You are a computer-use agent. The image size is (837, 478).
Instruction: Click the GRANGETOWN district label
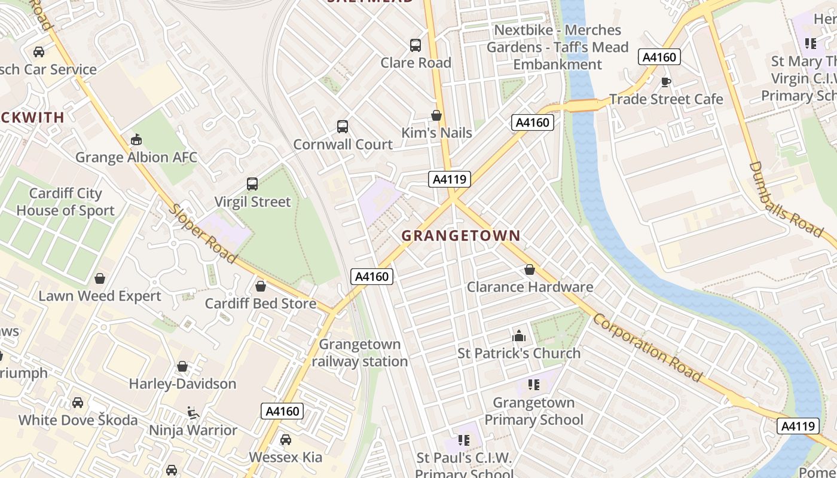pos(460,235)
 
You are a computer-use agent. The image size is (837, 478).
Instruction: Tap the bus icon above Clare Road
pos(416,45)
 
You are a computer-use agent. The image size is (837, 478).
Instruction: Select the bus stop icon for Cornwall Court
pos(343,127)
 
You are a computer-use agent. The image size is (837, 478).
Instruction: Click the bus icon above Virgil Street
pos(252,184)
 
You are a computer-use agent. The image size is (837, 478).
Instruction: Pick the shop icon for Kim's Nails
pos(436,115)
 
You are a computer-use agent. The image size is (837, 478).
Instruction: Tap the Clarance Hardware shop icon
pos(529,269)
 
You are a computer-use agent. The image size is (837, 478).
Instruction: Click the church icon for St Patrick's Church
pos(519,336)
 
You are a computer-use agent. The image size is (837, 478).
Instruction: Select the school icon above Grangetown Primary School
pos(534,385)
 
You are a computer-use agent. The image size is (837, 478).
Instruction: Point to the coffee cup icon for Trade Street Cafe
pos(666,82)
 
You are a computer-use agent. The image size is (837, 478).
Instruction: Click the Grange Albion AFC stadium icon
pos(136,140)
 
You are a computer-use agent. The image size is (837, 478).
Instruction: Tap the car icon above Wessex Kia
pos(286,440)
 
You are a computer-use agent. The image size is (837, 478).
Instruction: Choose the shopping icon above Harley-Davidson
pos(182,366)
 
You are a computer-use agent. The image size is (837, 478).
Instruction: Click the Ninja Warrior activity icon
pos(193,413)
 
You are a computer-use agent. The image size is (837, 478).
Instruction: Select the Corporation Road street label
pos(647,347)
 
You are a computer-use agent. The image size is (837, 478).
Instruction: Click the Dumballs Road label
pos(786,199)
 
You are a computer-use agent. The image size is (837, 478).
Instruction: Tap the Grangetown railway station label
pos(359,353)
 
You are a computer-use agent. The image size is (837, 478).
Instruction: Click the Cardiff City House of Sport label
pos(65,202)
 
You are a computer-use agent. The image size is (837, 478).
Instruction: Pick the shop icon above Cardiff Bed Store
pos(261,286)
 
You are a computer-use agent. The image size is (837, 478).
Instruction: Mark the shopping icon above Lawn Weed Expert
pos(100,278)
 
